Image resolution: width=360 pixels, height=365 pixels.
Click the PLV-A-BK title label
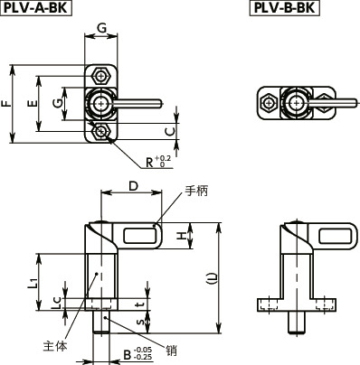[37, 9]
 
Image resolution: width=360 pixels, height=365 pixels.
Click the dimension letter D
[133, 187]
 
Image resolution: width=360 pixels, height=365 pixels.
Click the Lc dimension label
[56, 304]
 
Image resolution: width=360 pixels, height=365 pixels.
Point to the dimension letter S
[137, 320]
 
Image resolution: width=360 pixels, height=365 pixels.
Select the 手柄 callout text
[196, 191]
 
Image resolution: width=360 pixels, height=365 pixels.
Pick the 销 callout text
[171, 348]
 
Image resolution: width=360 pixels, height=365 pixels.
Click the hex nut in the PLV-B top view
[268, 103]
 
